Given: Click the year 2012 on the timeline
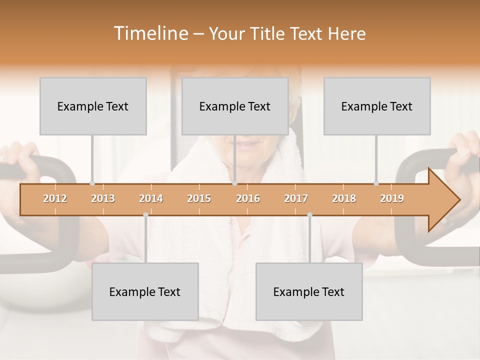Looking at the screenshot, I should point(55,198).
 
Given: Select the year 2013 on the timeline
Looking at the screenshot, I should point(103,198).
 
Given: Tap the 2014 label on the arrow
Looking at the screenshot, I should point(151,198).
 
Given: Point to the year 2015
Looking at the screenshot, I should point(199,198).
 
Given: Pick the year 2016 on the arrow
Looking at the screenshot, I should point(248,198).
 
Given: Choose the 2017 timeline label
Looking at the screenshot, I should point(296,198).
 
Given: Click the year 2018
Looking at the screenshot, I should point(344,198).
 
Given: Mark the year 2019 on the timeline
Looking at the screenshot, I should point(392,198).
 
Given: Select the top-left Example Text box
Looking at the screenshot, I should point(93,106).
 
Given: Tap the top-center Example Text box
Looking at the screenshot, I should point(235,106).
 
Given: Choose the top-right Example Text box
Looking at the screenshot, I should point(377,106).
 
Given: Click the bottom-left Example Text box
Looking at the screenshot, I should point(145,291).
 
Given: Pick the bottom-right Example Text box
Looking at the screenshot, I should point(309,291).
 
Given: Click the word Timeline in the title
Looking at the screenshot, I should point(149,33).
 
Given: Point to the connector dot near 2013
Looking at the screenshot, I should point(92,183).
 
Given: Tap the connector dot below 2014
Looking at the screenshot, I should point(145,214).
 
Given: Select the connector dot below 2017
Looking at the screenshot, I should point(309,214).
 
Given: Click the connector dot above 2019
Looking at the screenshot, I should point(376,183).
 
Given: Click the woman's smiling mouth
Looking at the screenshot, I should point(248,145).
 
